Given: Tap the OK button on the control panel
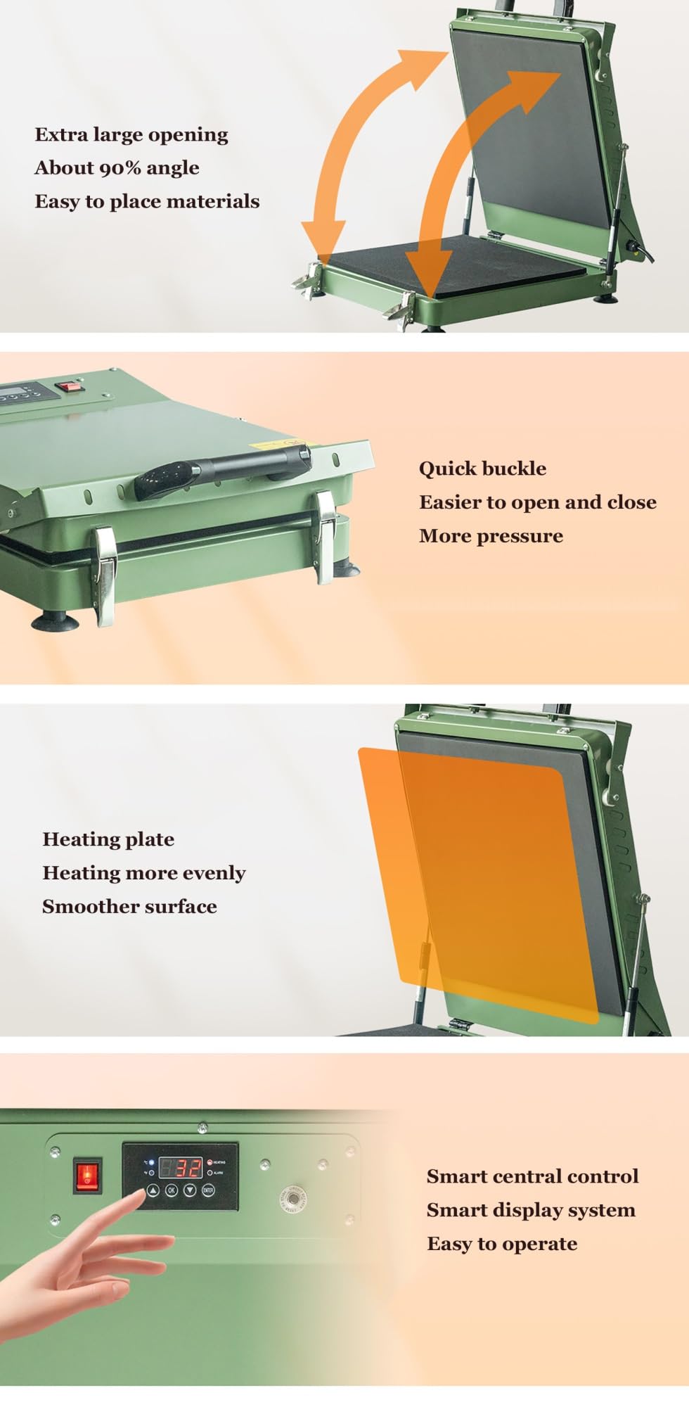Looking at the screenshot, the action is pyautogui.click(x=172, y=1190).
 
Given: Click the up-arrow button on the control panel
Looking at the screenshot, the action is pyautogui.click(x=153, y=1190).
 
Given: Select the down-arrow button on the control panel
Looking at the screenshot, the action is pyautogui.click(x=190, y=1190).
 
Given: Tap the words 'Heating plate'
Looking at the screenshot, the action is pyautogui.click(x=108, y=839).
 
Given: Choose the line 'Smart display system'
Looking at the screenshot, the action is pyautogui.click(x=531, y=1210).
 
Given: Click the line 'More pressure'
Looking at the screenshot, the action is pyautogui.click(x=491, y=536).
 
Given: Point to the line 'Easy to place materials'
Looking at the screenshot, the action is pyautogui.click(x=147, y=201).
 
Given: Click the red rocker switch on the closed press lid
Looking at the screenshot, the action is pyautogui.click(x=68, y=386).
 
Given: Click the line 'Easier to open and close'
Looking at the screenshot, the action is pyautogui.click(x=538, y=502).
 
